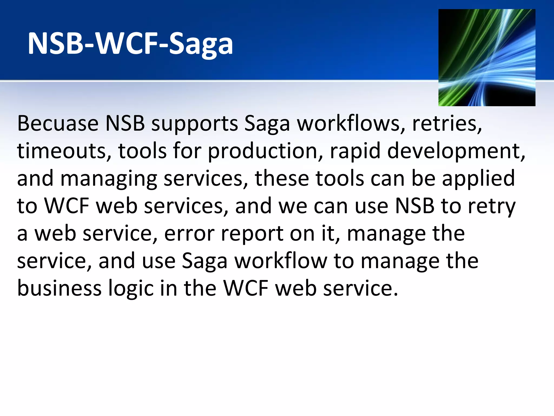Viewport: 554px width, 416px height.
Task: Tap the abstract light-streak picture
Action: tap(487, 58)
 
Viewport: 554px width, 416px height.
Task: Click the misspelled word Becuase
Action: tap(58, 123)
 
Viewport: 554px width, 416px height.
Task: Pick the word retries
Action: tap(447, 123)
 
